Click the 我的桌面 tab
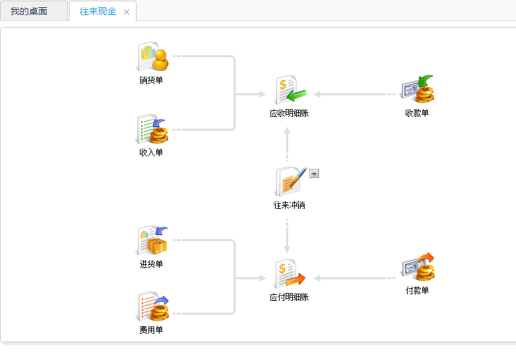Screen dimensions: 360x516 [x=29, y=11]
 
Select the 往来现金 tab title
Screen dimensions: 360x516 [x=97, y=11]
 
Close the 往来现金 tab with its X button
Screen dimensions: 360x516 [x=127, y=12]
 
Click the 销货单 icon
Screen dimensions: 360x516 [x=152, y=57]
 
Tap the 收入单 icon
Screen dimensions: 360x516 [x=152, y=129]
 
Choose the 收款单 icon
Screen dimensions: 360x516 [x=418, y=90]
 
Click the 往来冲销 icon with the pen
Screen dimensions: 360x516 [x=290, y=182]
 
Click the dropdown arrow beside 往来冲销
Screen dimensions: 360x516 [x=314, y=173]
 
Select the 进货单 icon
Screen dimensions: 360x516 [x=152, y=241]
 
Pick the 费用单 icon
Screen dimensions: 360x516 [x=152, y=307]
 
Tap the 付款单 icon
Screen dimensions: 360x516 [x=418, y=267]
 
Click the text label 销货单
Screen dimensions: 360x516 [x=151, y=81]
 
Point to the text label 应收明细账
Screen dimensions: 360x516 [x=289, y=113]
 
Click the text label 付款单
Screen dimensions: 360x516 [x=417, y=290]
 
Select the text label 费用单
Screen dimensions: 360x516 [x=151, y=330]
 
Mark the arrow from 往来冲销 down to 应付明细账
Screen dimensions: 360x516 [x=287, y=236]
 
